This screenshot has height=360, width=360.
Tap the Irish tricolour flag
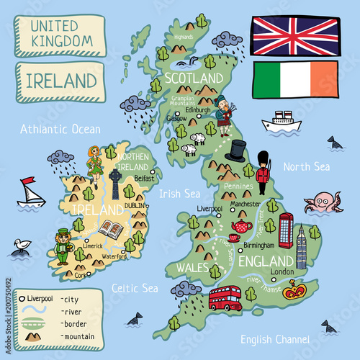click(295, 78)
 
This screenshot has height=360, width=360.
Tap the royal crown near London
click(293, 291)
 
